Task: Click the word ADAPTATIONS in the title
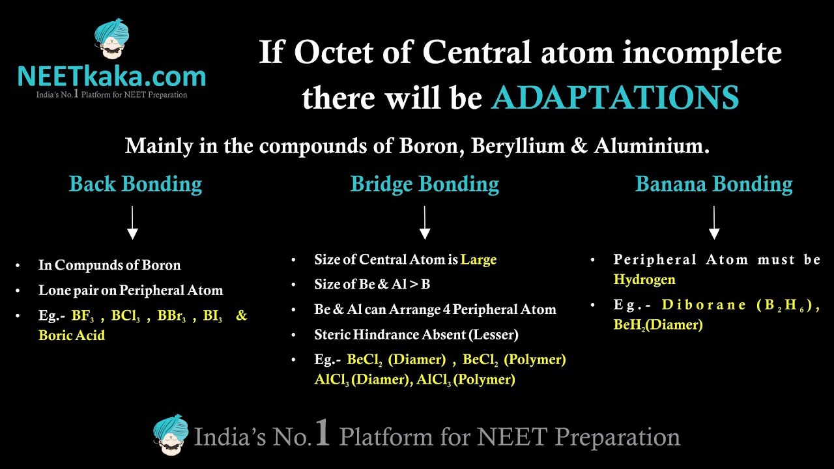coord(615,98)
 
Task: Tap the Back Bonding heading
coord(136,184)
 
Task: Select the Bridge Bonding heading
coord(425,184)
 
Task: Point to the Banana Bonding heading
coord(713,184)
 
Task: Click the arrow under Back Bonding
coord(132,223)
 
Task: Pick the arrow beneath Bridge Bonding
coord(425,223)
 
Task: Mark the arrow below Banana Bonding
coord(714,223)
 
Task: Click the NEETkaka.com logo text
coord(111,76)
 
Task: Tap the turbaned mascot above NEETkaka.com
coord(111,38)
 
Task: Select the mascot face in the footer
coord(171,434)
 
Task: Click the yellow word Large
coord(479,259)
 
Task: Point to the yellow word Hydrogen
coord(644,279)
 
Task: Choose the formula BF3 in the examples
coord(83,316)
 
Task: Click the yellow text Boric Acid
coord(72,335)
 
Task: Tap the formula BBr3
coord(171,316)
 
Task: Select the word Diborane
coord(704,305)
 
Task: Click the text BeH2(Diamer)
coord(658,325)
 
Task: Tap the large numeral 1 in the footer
coord(323,432)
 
